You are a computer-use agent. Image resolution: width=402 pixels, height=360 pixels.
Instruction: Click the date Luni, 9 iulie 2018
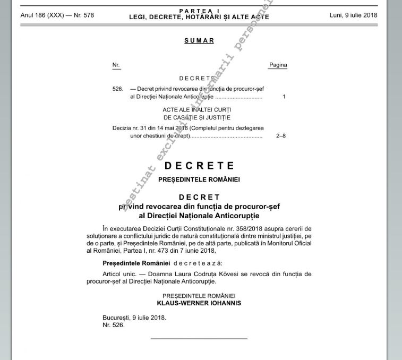coord(353,15)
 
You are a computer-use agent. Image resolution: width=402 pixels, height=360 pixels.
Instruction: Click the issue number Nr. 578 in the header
coord(82,15)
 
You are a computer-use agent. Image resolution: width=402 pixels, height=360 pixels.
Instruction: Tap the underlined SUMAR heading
coord(199,40)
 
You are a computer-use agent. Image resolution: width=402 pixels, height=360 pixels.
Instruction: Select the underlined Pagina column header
coord(278,65)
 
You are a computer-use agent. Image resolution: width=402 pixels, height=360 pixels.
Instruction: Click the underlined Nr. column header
coord(116,65)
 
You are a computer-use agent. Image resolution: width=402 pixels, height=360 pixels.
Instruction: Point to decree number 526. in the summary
coord(118,89)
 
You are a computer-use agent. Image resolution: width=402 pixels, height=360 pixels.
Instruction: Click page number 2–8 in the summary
coord(281,135)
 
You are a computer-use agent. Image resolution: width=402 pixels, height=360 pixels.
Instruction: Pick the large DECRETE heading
coord(199,166)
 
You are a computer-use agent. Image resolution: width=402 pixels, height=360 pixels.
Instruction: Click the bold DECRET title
coord(199,198)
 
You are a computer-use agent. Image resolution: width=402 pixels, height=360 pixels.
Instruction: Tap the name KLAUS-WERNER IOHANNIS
coord(199,303)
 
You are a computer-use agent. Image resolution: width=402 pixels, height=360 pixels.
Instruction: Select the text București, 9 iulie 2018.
coord(134,318)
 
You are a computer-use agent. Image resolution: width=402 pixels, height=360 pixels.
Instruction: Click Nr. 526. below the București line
coord(114,325)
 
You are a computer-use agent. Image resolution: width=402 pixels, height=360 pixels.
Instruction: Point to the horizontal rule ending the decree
coord(199,338)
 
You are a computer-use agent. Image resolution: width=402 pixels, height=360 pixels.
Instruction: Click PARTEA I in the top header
coord(199,11)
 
